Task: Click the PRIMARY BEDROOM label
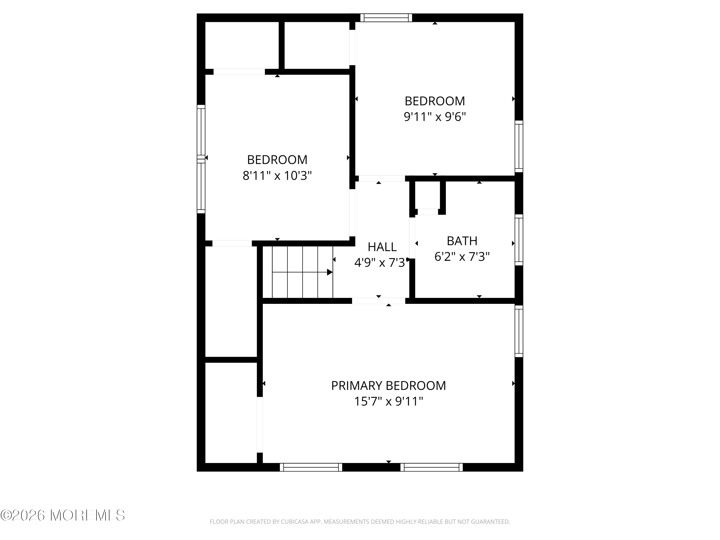point(388,386)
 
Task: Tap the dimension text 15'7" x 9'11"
point(388,401)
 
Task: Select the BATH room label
point(462,241)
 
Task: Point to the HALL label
point(382,247)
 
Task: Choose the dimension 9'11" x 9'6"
point(435,117)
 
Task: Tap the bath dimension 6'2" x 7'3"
point(462,257)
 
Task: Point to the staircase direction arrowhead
point(330,272)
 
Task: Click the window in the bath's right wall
point(519,240)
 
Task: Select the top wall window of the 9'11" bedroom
point(386,18)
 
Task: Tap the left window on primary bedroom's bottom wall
point(311,467)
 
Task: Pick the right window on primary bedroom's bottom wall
point(431,467)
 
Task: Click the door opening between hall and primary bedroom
point(378,301)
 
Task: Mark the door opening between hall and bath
point(412,238)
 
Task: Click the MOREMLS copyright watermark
point(62,515)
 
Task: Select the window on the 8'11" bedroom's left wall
point(201,159)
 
